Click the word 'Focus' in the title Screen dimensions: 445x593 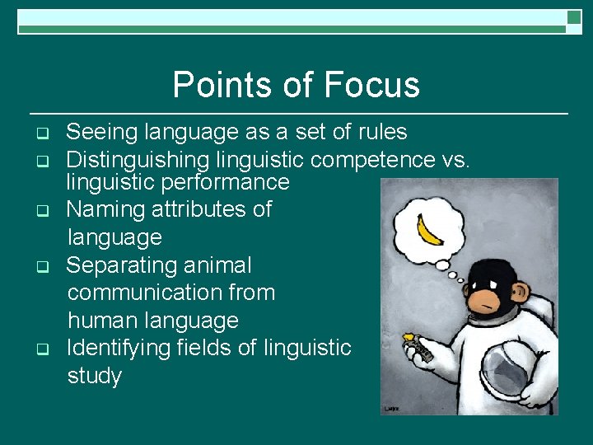click(371, 85)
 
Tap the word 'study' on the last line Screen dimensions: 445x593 click(94, 377)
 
